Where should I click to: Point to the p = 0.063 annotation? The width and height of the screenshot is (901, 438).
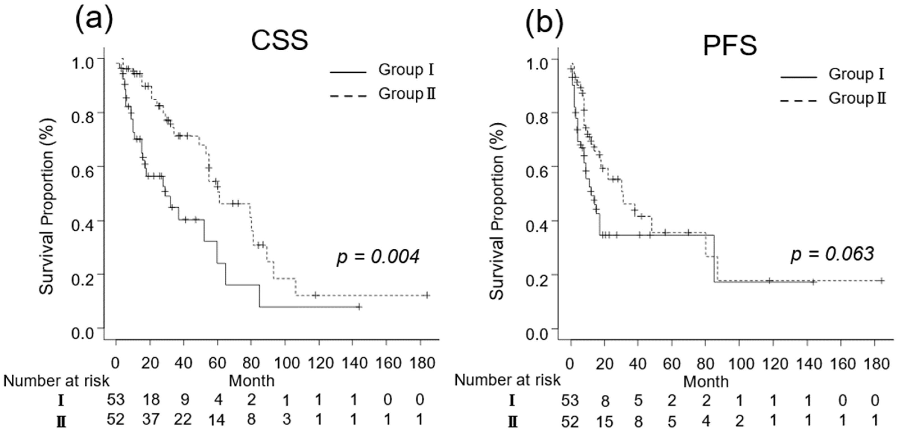[832, 254]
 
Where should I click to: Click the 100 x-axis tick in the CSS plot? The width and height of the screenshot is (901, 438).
[286, 363]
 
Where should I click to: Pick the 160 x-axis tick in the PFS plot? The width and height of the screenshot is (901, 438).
[843, 364]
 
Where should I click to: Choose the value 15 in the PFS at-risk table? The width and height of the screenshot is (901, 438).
[605, 421]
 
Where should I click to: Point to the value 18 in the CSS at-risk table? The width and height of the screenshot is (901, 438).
[151, 399]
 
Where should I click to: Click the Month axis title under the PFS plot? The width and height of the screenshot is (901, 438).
[706, 382]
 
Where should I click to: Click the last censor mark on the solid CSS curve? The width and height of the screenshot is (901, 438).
[359, 307]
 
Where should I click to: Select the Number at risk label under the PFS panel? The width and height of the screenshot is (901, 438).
[507, 380]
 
